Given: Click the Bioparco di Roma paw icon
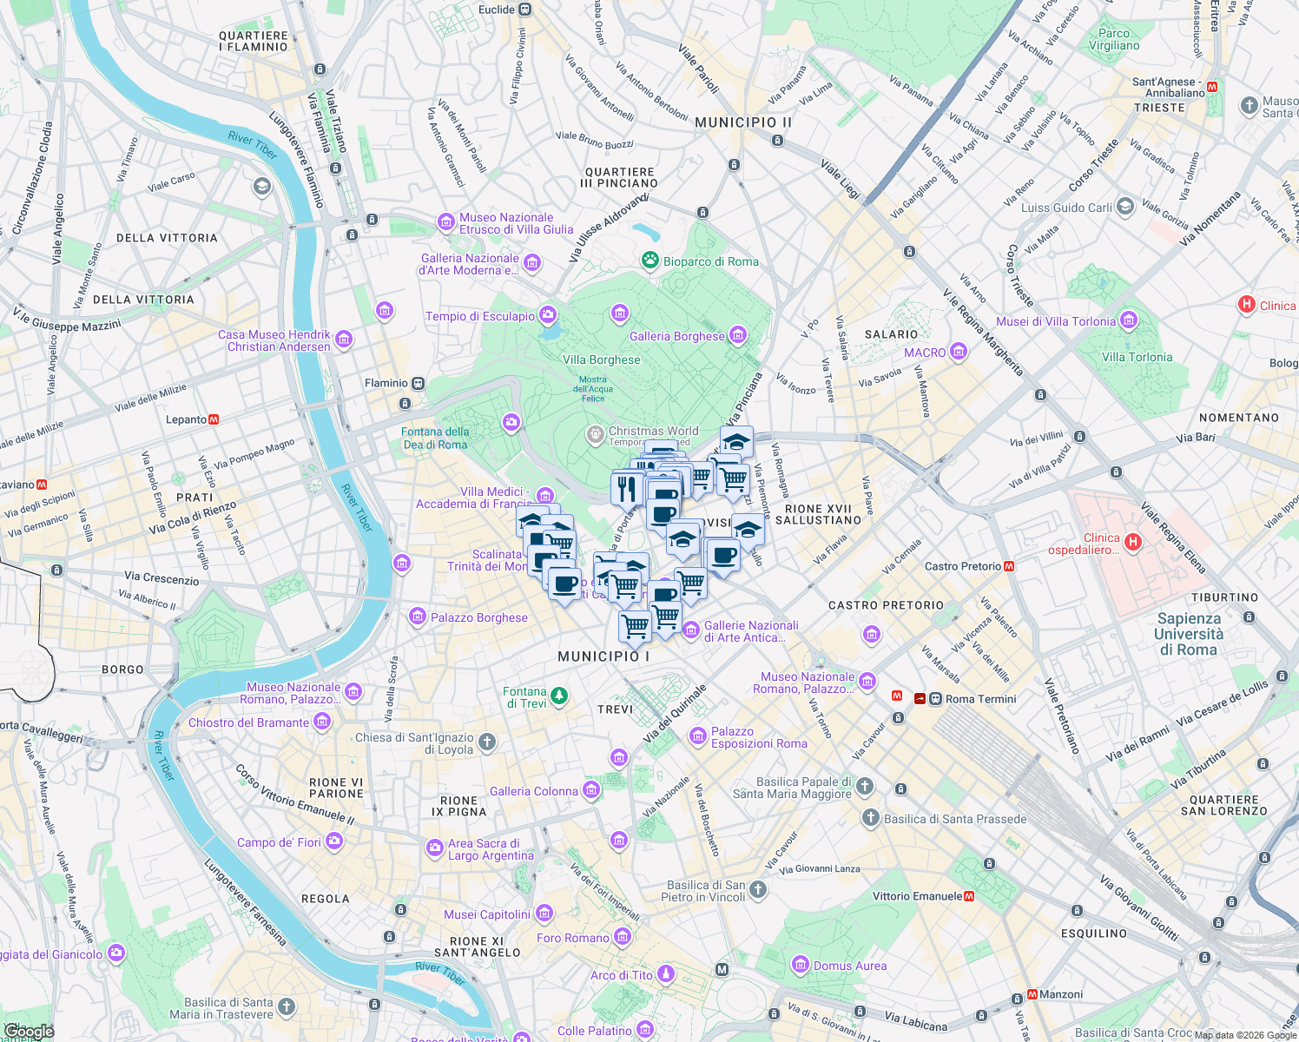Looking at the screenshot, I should (x=649, y=260).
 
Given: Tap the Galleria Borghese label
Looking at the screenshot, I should (x=676, y=336).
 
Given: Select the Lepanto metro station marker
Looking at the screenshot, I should (x=214, y=419).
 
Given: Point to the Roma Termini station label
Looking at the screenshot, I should (x=980, y=699).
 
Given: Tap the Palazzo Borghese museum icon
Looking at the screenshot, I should (x=418, y=617).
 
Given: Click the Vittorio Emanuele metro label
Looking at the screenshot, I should (x=917, y=896).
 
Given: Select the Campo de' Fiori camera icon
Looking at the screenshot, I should (x=334, y=841).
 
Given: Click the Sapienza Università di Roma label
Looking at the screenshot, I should (x=1189, y=634).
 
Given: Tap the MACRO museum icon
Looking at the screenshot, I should (x=959, y=352).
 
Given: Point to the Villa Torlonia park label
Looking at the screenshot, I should (x=1137, y=357).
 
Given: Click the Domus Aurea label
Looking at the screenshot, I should (x=850, y=966).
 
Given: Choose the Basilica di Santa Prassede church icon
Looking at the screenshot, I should (x=871, y=818).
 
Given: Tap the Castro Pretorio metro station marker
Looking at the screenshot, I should (x=1009, y=566).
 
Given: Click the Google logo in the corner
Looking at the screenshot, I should (x=28, y=1031).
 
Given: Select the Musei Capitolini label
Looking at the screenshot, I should (x=486, y=914).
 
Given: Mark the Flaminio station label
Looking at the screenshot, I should (x=386, y=383).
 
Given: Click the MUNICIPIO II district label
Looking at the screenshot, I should (x=743, y=122).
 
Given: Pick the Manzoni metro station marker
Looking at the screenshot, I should (x=1032, y=994).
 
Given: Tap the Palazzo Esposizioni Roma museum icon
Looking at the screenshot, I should (x=698, y=737).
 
